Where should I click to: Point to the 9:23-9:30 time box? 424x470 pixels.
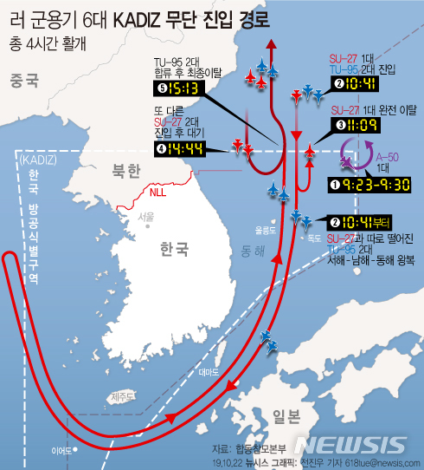pos(375,184)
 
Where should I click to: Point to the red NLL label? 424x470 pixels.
pos(158,192)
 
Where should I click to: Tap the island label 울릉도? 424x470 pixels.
pos(264,230)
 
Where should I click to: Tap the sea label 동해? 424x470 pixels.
pos(253,251)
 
